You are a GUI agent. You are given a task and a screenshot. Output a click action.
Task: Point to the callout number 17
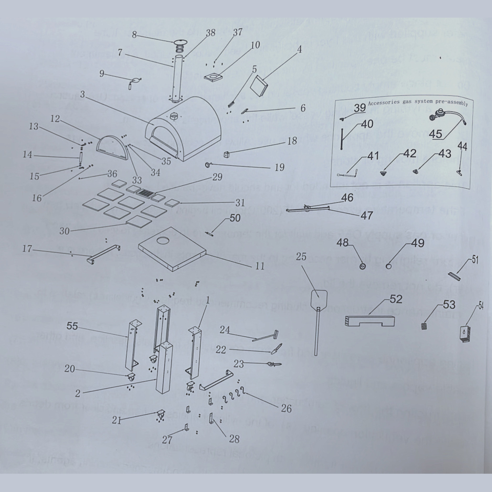point(27,248)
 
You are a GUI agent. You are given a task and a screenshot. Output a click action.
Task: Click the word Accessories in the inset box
point(384,103)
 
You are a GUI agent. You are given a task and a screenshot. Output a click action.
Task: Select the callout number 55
point(72,326)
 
